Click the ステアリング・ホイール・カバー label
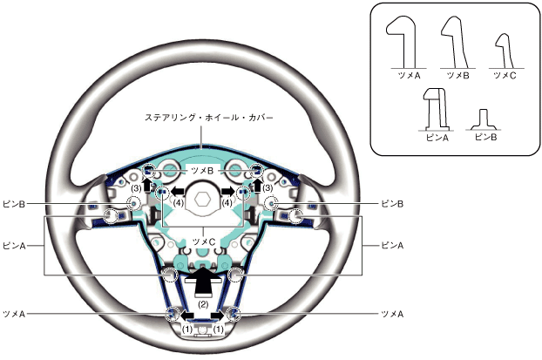[202, 115]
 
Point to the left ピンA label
[14, 246]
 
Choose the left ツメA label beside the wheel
[14, 311]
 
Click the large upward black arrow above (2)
[202, 281]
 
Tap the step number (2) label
[202, 304]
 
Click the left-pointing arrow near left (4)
[179, 188]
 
